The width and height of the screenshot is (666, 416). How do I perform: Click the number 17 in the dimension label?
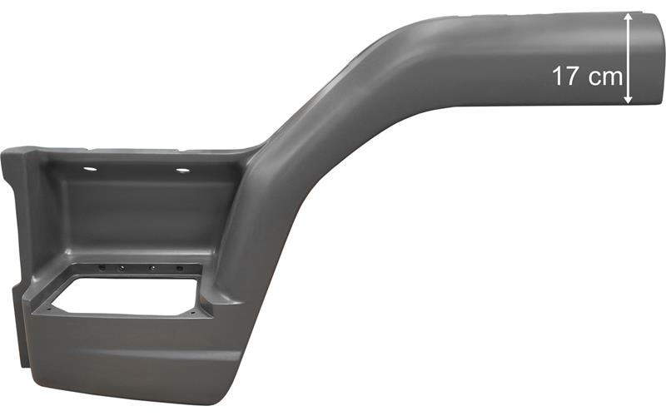[x=565, y=77]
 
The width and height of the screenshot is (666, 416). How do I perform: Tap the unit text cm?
[x=606, y=78]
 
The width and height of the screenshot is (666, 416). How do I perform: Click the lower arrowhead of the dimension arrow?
[x=628, y=100]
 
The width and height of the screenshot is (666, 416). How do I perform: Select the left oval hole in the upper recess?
[x=90, y=169]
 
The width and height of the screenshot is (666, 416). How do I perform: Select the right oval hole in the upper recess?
[x=182, y=171]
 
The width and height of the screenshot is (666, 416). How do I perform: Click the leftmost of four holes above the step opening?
[x=102, y=268]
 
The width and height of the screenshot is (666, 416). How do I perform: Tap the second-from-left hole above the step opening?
[x=122, y=268]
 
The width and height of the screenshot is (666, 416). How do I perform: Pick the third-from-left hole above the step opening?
[x=152, y=269]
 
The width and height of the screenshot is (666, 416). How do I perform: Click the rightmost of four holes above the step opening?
[x=179, y=269]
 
